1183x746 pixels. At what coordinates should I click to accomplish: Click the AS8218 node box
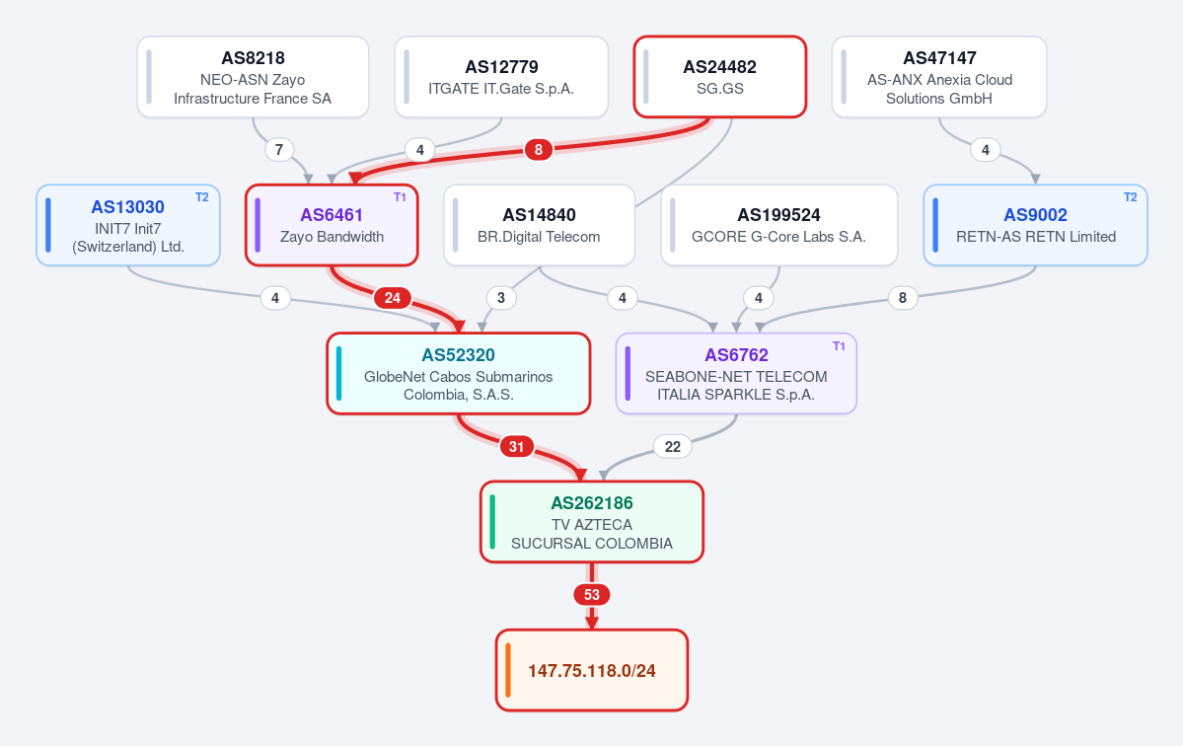point(253,77)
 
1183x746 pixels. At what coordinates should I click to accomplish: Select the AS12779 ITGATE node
point(502,77)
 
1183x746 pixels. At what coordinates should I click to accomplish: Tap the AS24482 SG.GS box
point(719,77)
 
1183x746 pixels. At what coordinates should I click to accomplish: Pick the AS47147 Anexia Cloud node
point(939,77)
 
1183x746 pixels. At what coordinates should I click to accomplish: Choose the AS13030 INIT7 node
point(128,226)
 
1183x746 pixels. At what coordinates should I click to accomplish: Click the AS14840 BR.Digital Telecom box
point(539,226)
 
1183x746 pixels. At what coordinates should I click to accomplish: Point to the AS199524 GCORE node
point(779,226)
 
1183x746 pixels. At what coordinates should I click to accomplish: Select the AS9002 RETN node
point(1035,226)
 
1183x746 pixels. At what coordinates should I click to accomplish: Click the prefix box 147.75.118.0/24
point(592,671)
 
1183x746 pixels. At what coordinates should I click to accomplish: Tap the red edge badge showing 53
point(592,595)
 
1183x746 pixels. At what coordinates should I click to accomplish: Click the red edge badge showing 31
point(517,447)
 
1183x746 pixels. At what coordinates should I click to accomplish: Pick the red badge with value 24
point(393,298)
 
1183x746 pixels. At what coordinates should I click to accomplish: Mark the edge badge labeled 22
point(672,447)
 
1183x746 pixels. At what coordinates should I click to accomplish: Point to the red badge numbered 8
point(539,150)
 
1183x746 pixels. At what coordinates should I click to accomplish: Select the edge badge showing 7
point(279,150)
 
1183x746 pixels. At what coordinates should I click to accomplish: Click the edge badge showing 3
point(501,298)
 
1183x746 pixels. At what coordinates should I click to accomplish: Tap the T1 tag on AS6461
point(400,197)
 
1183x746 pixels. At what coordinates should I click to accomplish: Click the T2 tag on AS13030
point(202,197)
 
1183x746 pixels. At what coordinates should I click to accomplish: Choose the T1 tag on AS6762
point(839,346)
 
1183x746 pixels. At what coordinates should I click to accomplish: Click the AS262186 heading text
point(592,503)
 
